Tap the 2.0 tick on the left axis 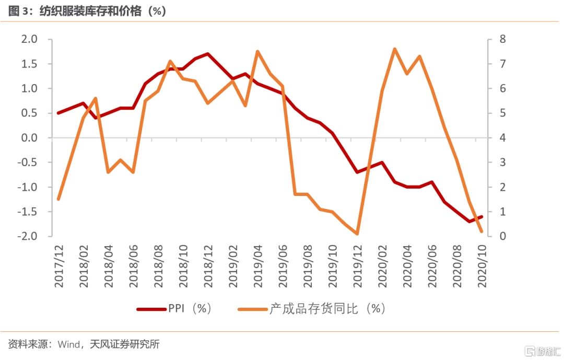29,39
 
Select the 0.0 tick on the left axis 29,138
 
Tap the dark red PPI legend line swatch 151,309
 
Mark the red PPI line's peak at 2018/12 208,53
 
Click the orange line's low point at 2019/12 357,234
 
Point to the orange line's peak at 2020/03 394,49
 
